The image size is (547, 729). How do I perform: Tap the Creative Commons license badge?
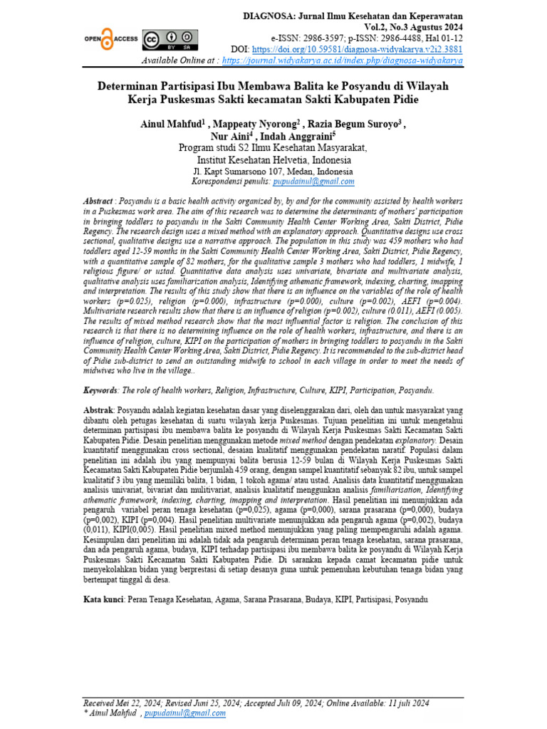coord(167,39)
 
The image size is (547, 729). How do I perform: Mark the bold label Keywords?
coord(100,391)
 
